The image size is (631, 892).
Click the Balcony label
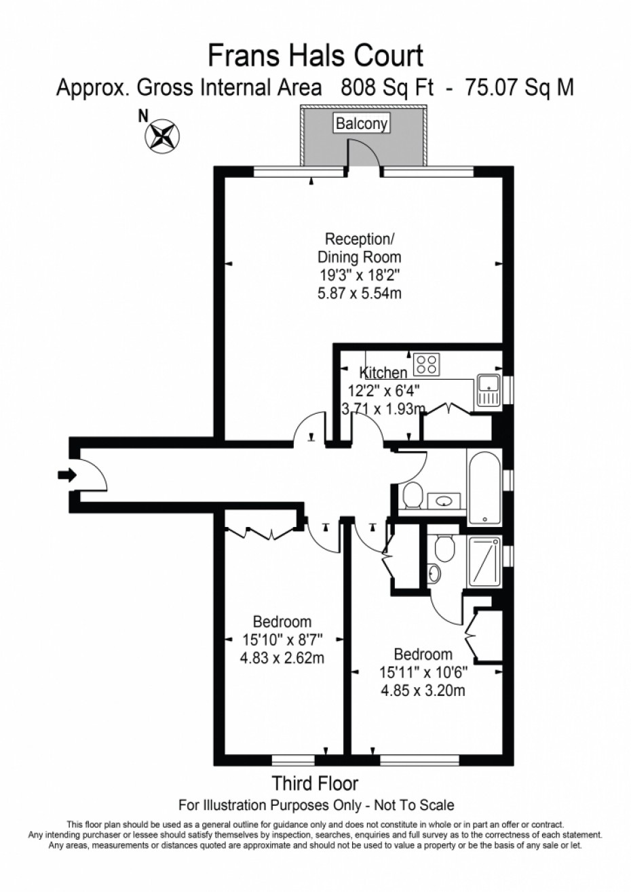point(361,124)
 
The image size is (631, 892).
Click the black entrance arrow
point(67,475)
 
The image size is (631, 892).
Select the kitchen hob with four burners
point(426,364)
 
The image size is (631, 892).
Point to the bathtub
point(485,486)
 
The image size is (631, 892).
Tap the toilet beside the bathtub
point(412,495)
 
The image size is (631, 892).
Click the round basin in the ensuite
point(434,573)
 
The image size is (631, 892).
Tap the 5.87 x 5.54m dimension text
point(360,293)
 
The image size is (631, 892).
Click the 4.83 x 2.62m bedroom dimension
point(282,658)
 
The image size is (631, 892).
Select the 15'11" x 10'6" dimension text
point(423,672)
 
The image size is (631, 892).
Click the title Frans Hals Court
point(315,56)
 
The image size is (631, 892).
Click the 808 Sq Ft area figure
point(387,88)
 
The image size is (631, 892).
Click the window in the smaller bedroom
point(293,760)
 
